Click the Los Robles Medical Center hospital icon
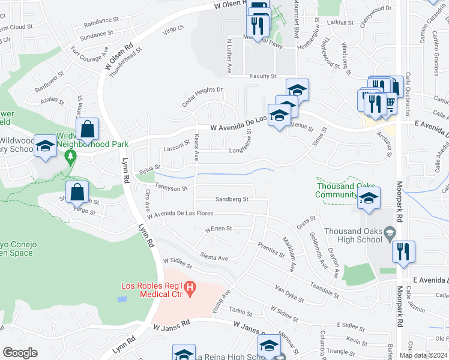click(190, 289)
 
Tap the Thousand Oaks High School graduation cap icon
click(390, 232)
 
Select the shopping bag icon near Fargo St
click(77, 192)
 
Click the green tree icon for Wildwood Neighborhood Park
click(71, 157)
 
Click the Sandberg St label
click(232, 199)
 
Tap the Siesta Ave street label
click(214, 257)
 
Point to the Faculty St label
click(263, 76)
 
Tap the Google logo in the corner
click(20, 353)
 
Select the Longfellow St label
click(245, 151)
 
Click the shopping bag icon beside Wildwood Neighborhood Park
click(88, 128)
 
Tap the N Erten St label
click(218, 229)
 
